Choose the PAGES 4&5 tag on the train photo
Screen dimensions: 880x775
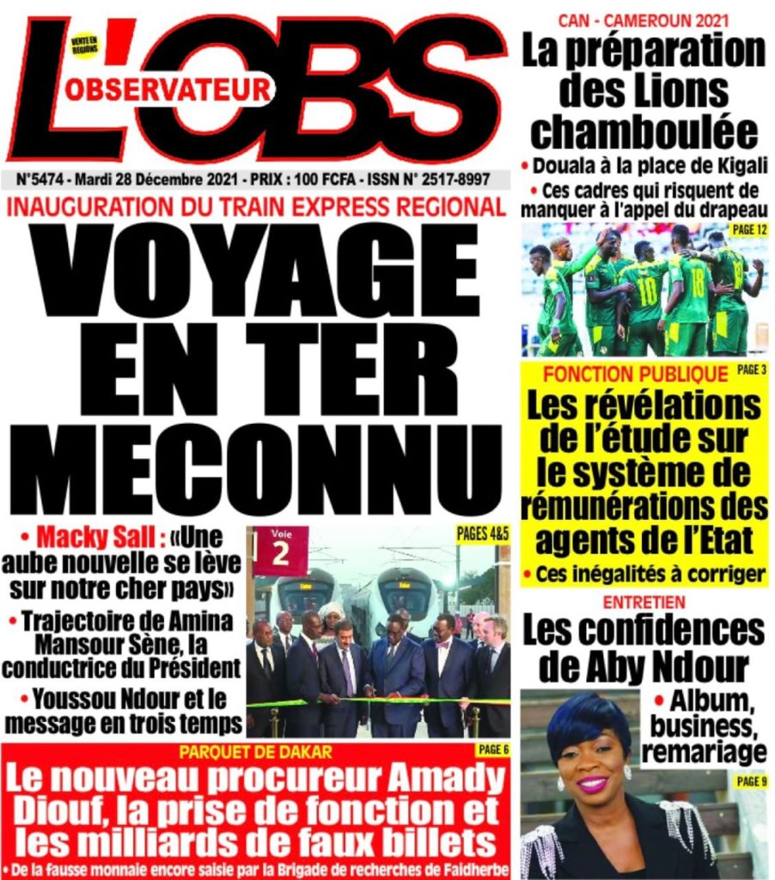(483, 534)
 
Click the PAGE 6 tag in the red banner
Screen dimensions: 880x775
(493, 749)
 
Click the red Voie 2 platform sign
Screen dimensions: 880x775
(280, 549)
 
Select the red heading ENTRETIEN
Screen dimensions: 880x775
(644, 602)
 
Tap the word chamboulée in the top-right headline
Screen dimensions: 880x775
(644, 131)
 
